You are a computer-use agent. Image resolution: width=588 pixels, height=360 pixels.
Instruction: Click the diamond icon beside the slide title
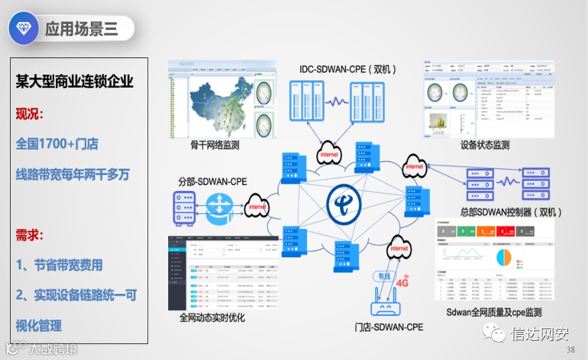click(x=25, y=28)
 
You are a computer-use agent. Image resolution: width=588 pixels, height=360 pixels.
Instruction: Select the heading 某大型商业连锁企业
click(x=75, y=81)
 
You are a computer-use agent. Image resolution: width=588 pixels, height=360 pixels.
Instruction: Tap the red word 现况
click(x=29, y=114)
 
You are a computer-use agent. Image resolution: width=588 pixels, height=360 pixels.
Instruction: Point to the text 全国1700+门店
click(x=57, y=144)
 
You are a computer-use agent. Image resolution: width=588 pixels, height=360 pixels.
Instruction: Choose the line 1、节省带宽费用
click(x=59, y=265)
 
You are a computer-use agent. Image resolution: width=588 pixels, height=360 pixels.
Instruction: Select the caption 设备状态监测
click(x=485, y=145)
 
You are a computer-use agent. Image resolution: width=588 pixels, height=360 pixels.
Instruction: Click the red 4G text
click(x=402, y=282)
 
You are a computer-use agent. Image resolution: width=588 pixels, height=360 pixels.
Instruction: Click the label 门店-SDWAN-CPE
click(x=389, y=327)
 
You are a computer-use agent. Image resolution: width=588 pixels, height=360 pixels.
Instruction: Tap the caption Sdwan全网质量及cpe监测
click(x=493, y=312)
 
